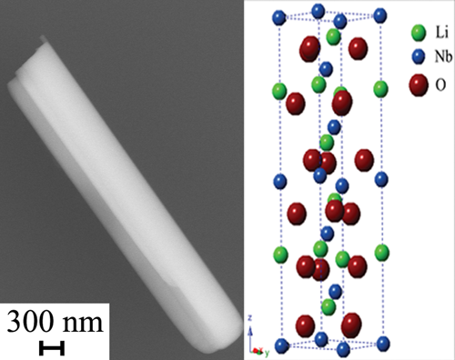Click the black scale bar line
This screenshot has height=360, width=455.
(52, 348)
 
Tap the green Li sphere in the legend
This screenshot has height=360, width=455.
(419, 33)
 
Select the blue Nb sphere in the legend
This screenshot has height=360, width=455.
(419, 56)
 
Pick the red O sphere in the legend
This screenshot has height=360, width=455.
(419, 85)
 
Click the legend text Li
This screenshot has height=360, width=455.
(441, 32)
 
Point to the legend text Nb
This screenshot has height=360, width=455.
(443, 56)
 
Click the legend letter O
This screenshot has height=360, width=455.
(440, 85)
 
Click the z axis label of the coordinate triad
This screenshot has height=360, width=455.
(250, 318)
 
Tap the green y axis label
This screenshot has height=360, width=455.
(267, 353)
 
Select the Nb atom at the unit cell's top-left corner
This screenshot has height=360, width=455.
(279, 17)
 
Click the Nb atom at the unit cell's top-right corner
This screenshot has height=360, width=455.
(380, 15)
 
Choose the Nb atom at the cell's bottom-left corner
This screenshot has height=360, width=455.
(282, 345)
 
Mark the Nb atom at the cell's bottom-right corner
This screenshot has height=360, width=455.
(383, 344)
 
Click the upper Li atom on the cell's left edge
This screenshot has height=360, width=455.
(279, 91)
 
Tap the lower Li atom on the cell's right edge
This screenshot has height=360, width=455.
(382, 253)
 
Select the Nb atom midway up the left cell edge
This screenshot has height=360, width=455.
(280, 182)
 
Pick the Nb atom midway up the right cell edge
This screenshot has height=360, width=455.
(381, 179)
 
